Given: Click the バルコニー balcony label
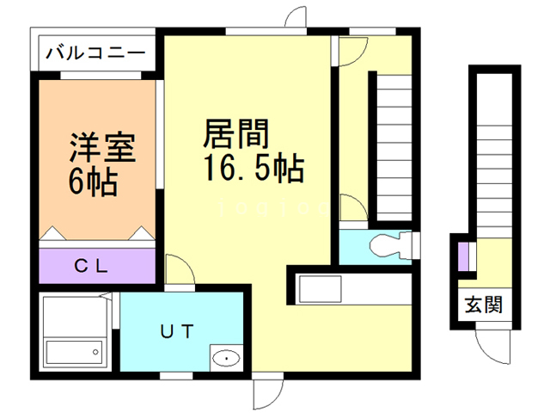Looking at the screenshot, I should coord(95,52).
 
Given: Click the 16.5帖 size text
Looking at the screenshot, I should coord(253,169).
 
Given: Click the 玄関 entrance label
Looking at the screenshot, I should coord(484,305).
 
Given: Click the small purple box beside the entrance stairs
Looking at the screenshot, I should coord(462,256).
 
